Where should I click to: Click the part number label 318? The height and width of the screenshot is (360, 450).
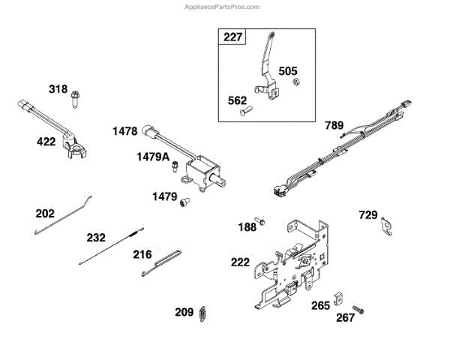click(x=58, y=90)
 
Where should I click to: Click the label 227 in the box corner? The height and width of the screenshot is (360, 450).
click(x=232, y=37)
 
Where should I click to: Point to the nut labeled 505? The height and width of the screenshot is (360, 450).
click(x=295, y=82)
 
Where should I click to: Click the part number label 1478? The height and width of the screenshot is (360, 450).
click(x=124, y=131)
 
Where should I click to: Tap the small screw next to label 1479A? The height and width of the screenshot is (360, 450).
click(x=173, y=165)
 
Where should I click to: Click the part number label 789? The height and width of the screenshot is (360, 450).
click(x=335, y=124)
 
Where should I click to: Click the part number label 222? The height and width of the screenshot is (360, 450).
click(x=240, y=262)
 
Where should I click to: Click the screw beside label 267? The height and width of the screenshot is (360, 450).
click(x=358, y=309)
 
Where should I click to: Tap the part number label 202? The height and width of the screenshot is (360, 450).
click(x=45, y=214)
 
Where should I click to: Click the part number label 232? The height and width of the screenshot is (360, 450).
click(x=96, y=238)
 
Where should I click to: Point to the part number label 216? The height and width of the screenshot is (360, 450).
click(x=142, y=254)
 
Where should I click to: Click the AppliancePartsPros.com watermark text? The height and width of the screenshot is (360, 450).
click(x=223, y=6)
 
